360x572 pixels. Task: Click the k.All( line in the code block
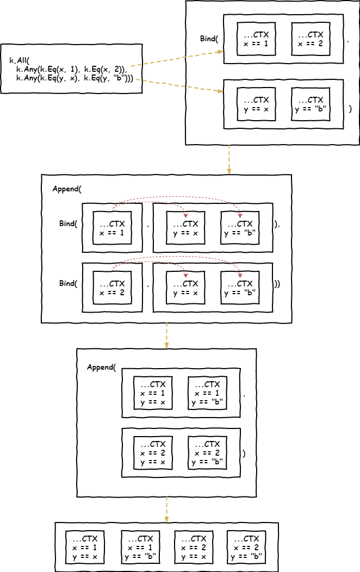coord(21,60)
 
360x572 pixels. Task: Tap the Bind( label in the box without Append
coord(209,39)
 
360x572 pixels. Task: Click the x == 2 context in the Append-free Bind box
coord(311,39)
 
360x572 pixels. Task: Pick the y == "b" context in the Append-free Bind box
coord(311,104)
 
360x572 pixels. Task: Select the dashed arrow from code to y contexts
coord(179,86)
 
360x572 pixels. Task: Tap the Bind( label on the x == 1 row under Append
coord(69,223)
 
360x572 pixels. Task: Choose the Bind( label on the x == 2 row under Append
coord(69,283)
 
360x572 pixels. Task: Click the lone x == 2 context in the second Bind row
coord(112,288)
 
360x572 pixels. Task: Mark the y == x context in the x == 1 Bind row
coord(185,228)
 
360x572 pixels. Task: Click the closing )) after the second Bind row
coord(277,283)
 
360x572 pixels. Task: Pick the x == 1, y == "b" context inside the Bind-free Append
coord(207,393)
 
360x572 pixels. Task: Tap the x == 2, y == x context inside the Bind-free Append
coord(153,453)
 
